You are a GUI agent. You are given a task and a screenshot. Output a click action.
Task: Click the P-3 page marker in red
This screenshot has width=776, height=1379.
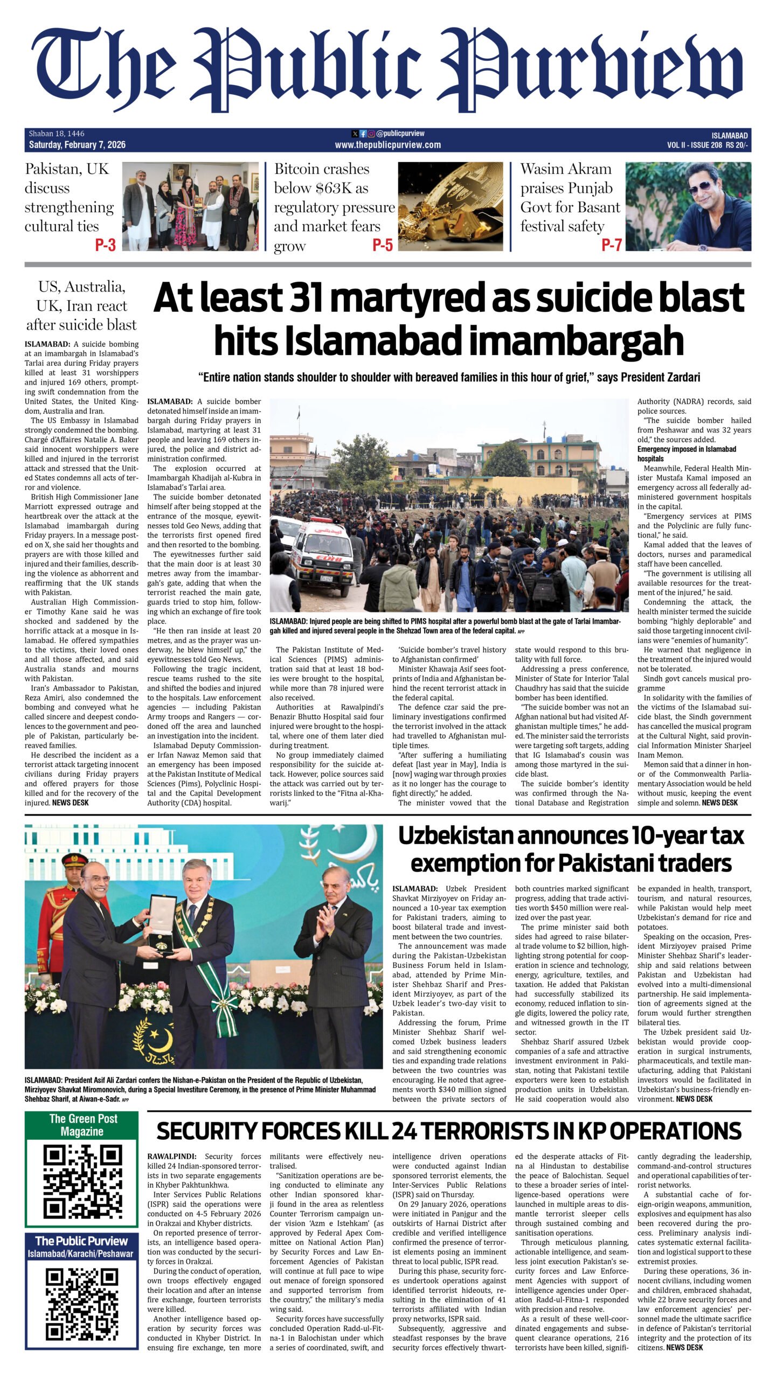106,246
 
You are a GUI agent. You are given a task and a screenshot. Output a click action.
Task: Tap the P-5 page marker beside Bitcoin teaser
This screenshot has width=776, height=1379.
383,246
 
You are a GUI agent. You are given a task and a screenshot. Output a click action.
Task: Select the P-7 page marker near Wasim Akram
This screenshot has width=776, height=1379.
612,246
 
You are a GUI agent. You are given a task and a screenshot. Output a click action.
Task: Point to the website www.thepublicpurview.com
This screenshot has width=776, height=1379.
387,145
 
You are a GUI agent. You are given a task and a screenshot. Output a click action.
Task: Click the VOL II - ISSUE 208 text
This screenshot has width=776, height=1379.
694,145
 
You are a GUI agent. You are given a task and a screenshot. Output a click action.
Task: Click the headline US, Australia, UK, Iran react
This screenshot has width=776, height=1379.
82,306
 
